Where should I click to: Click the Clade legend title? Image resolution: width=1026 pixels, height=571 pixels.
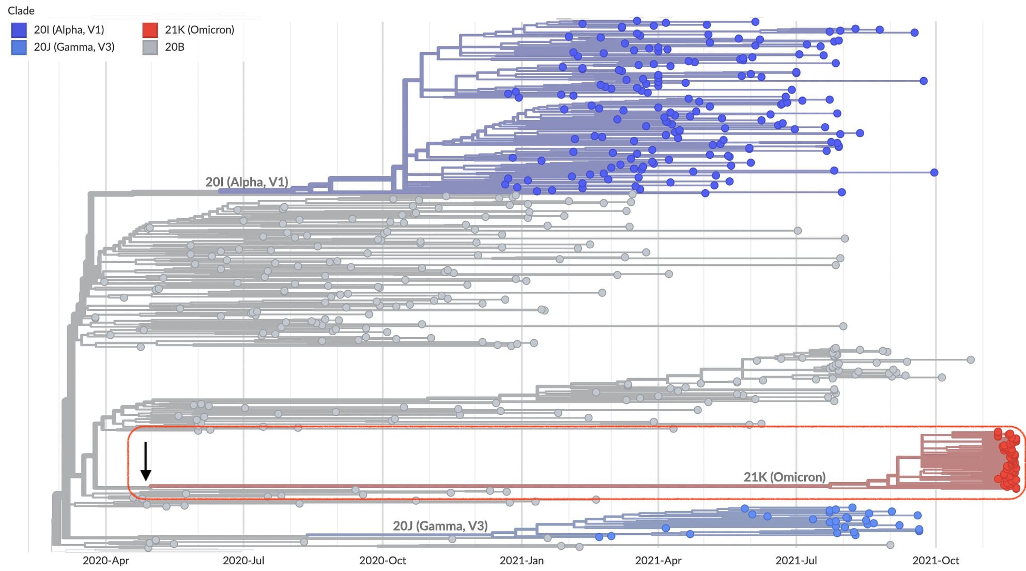(x=21, y=10)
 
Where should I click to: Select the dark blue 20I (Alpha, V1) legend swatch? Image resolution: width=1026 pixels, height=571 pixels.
(x=19, y=30)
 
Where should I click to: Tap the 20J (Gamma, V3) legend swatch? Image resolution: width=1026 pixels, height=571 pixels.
(x=19, y=47)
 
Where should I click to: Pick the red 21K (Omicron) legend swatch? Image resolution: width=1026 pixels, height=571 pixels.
(x=150, y=30)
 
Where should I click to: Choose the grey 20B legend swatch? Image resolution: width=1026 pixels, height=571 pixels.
(x=150, y=47)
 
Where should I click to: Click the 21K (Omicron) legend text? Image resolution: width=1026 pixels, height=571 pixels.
(x=200, y=30)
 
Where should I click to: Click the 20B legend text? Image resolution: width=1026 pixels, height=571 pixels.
(x=175, y=47)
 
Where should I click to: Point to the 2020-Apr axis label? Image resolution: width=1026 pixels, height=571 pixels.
(x=106, y=561)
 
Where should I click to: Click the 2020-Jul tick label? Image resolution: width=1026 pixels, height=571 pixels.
(x=243, y=561)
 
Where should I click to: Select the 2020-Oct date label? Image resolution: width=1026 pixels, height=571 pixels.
(x=382, y=561)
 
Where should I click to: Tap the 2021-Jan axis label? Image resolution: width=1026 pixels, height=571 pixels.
(x=522, y=561)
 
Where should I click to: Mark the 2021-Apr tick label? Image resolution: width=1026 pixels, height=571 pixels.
(x=658, y=561)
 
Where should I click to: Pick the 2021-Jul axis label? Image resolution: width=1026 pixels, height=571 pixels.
(x=796, y=561)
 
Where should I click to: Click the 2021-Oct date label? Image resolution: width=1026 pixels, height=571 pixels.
(x=936, y=561)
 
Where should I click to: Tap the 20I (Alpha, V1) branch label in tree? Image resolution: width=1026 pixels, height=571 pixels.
(x=247, y=182)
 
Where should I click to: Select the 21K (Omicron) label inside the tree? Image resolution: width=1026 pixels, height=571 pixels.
(x=784, y=477)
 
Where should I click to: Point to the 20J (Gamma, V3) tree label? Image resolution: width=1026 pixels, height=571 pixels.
(x=440, y=526)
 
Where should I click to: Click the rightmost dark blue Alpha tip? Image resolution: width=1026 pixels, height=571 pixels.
(x=934, y=172)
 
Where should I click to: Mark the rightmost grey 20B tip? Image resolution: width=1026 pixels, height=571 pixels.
(x=971, y=359)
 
